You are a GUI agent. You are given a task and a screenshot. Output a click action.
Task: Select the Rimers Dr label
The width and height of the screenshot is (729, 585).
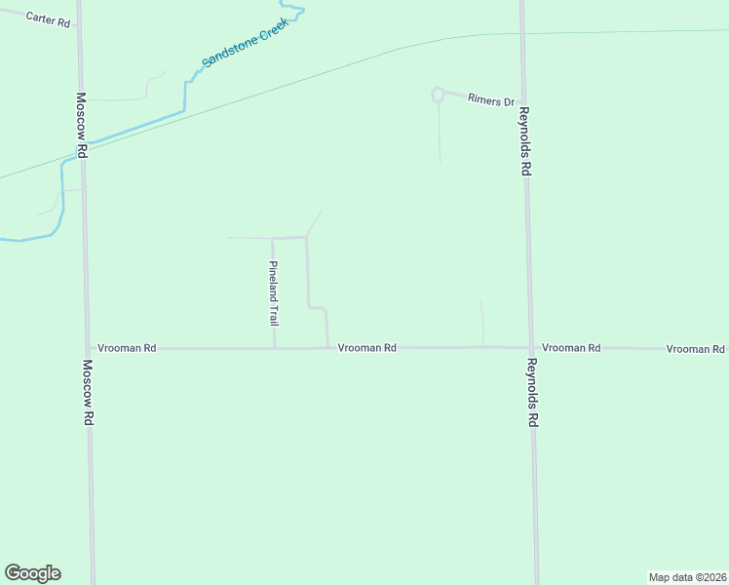click(x=490, y=99)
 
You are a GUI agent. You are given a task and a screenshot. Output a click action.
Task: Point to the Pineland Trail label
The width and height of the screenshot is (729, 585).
click(x=275, y=293)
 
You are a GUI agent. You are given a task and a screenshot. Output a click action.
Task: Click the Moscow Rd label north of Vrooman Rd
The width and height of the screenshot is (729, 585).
click(x=83, y=125)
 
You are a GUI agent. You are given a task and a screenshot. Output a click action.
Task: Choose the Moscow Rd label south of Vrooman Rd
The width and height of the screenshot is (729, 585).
click(x=88, y=392)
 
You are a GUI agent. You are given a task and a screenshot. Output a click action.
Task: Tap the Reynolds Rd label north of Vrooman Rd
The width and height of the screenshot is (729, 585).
click(x=524, y=141)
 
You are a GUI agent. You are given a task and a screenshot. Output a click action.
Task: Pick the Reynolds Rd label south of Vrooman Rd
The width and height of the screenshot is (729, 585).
click(x=531, y=394)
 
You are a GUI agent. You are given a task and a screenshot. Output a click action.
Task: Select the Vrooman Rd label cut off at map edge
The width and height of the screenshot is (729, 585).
click(x=696, y=349)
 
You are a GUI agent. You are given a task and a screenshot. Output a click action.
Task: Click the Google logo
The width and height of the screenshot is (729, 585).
click(x=32, y=573)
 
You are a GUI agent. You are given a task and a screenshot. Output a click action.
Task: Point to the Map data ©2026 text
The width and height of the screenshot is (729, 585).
click(x=686, y=576)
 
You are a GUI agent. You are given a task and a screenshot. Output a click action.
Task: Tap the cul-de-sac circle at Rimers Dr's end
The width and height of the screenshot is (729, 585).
click(x=438, y=95)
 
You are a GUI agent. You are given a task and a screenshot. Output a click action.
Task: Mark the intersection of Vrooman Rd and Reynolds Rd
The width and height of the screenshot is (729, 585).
click(x=529, y=347)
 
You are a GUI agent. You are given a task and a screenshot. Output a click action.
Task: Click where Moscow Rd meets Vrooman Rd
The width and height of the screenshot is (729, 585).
click(x=87, y=348)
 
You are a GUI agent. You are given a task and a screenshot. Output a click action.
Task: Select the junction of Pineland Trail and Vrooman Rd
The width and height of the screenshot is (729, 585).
click(x=274, y=348)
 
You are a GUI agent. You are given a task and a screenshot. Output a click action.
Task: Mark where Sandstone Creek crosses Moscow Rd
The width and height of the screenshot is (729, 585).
click(x=82, y=147)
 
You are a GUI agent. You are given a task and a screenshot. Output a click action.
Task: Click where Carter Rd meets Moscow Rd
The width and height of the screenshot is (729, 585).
click(x=79, y=27)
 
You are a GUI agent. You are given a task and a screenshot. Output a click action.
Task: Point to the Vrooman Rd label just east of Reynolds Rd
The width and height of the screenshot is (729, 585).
click(x=571, y=348)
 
